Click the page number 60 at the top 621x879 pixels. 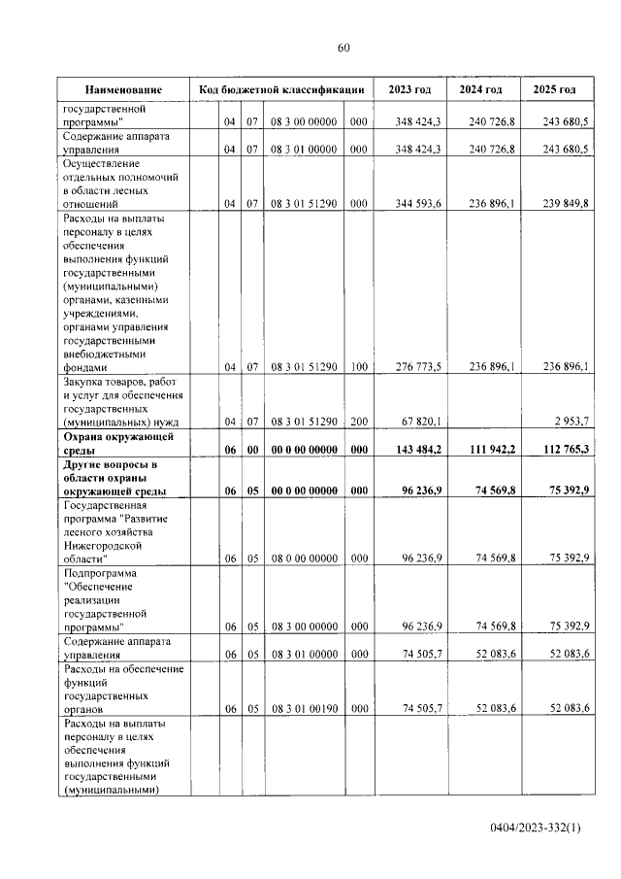343,49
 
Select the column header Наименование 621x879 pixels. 122,89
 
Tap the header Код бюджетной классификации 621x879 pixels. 281,89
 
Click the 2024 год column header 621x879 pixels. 481,89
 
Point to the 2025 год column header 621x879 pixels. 555,89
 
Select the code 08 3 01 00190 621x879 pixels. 303,710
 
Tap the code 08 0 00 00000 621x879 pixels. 303,559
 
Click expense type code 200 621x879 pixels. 358,422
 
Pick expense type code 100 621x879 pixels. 358,367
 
